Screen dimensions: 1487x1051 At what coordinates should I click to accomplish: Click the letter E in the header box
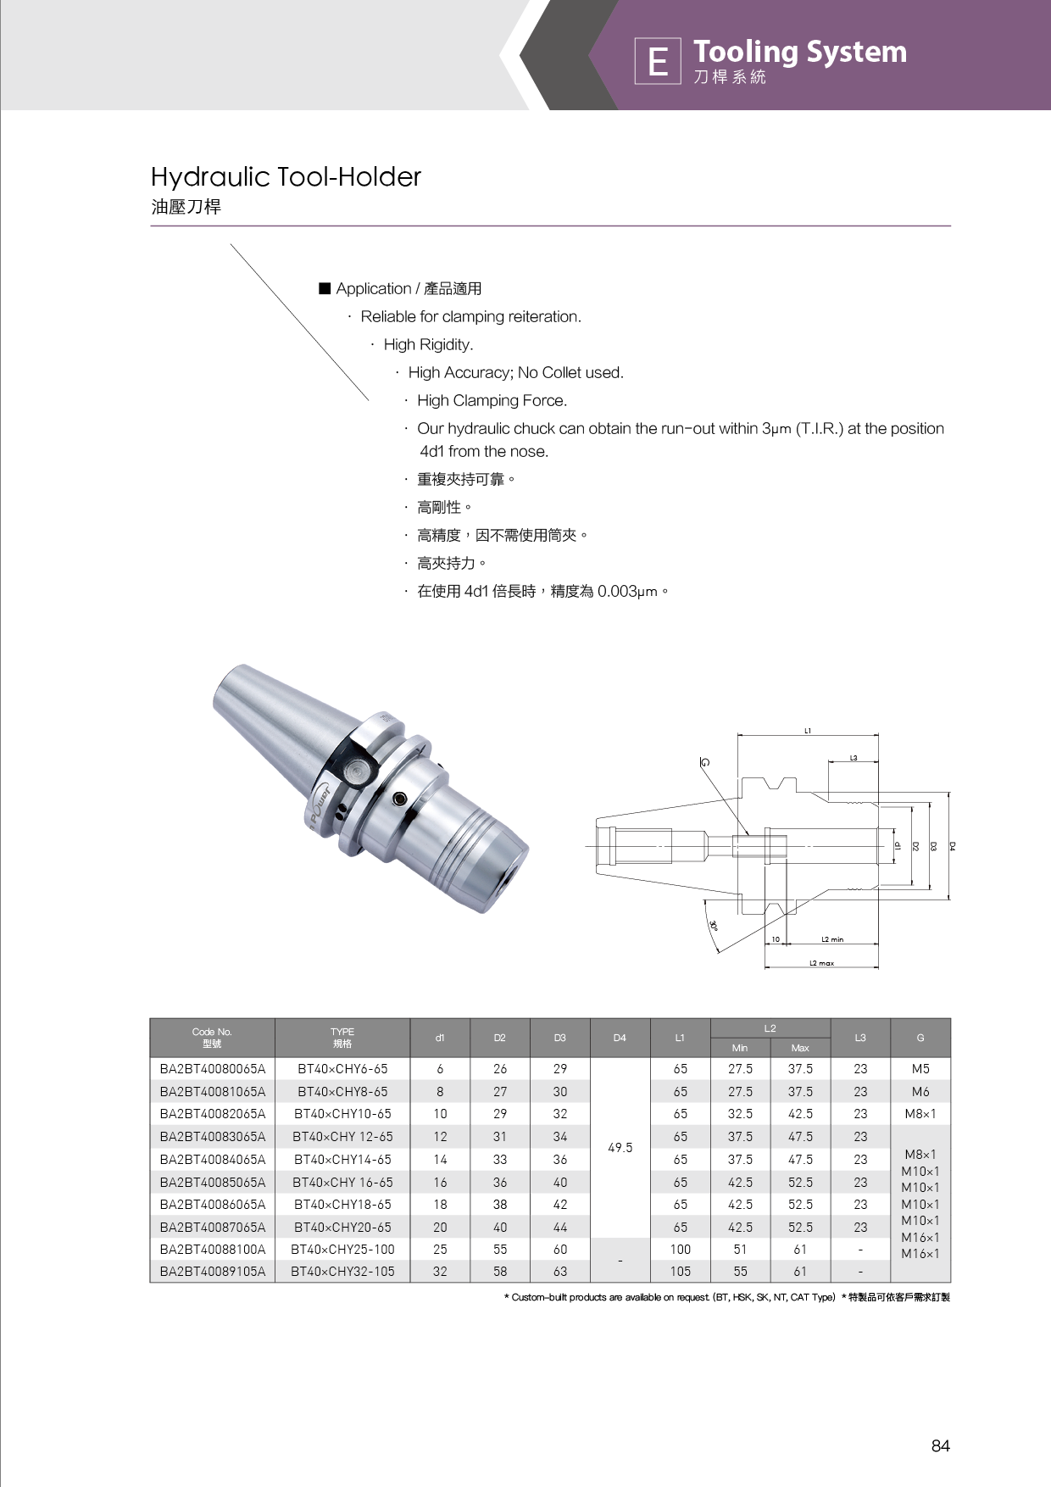click(658, 62)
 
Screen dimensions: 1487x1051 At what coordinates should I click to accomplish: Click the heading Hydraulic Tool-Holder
click(286, 177)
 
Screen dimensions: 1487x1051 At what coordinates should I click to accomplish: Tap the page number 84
click(940, 1445)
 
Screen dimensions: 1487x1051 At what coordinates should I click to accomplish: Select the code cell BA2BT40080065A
click(213, 1069)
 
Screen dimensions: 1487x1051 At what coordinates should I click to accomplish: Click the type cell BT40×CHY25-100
click(342, 1249)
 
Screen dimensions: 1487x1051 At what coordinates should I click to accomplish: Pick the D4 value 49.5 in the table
click(620, 1147)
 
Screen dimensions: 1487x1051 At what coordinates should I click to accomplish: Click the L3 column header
click(860, 1038)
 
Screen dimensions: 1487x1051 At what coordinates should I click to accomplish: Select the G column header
click(920, 1038)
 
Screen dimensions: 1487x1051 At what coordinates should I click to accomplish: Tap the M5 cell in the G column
click(920, 1069)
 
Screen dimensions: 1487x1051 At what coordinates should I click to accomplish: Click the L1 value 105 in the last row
click(680, 1271)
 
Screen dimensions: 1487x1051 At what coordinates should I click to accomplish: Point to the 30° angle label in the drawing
click(714, 926)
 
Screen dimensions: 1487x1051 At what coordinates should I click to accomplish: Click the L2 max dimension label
click(821, 963)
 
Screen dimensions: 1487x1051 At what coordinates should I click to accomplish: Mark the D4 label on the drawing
click(953, 846)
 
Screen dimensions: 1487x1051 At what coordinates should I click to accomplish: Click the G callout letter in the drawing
click(704, 762)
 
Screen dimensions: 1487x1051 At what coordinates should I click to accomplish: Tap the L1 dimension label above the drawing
click(808, 730)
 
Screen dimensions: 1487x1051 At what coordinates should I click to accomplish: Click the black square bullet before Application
click(325, 288)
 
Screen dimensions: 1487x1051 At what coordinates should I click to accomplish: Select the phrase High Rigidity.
click(428, 344)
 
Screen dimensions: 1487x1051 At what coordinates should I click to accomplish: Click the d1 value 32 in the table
click(440, 1271)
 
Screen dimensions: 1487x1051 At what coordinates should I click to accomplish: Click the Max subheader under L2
click(800, 1048)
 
